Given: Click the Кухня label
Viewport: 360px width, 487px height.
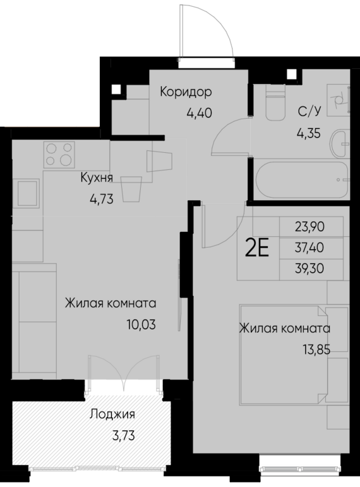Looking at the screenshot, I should pos(97,178).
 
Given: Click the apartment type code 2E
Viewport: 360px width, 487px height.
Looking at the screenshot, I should pos(257,248).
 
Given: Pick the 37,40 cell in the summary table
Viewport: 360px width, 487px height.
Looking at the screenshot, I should pos(309,248).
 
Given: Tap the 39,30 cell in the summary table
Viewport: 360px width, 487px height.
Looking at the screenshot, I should pos(309,268).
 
